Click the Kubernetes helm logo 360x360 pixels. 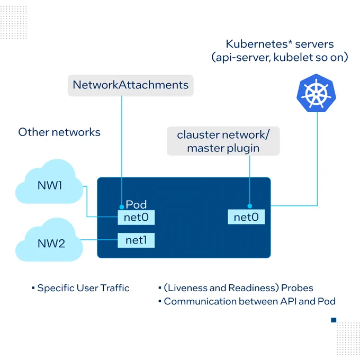click(316, 93)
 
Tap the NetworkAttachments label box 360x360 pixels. click(130, 85)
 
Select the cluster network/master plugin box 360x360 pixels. click(223, 141)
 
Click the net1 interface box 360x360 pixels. click(136, 240)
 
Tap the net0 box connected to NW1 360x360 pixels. click(136, 218)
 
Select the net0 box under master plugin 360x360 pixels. click(246, 217)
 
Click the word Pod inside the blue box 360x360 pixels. click(136, 204)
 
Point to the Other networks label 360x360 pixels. click(59, 132)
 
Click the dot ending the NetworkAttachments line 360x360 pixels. click(122, 207)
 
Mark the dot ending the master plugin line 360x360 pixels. click(250, 206)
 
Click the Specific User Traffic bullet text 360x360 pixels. click(83, 288)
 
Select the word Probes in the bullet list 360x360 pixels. click(297, 288)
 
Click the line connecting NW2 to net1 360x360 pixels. click(99, 240)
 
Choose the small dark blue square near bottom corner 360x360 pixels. click(334, 320)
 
